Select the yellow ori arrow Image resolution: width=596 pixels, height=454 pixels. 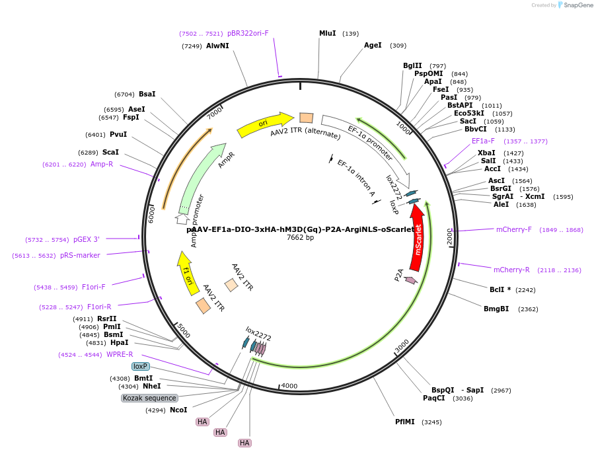click(264, 123)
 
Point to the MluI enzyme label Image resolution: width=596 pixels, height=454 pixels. click(327, 33)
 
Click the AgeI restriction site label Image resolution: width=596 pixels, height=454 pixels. click(373, 46)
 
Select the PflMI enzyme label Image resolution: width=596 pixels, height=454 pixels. click(404, 422)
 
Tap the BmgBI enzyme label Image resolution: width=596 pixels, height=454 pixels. click(496, 309)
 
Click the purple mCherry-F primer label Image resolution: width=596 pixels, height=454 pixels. click(513, 230)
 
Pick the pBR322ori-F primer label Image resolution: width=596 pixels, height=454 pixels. click(248, 33)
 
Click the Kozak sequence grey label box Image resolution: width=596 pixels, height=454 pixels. click(149, 398)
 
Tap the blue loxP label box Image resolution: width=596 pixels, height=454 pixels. click(140, 366)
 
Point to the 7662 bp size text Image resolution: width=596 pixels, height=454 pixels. click(300, 238)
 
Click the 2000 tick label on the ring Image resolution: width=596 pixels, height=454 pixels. click(450, 237)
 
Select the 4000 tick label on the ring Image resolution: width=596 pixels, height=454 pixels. click(289, 386)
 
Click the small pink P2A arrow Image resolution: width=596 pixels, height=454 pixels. click(410, 280)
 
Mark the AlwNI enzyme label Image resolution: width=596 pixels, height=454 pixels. click(217, 46)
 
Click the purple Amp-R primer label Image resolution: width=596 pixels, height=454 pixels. click(102, 164)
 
